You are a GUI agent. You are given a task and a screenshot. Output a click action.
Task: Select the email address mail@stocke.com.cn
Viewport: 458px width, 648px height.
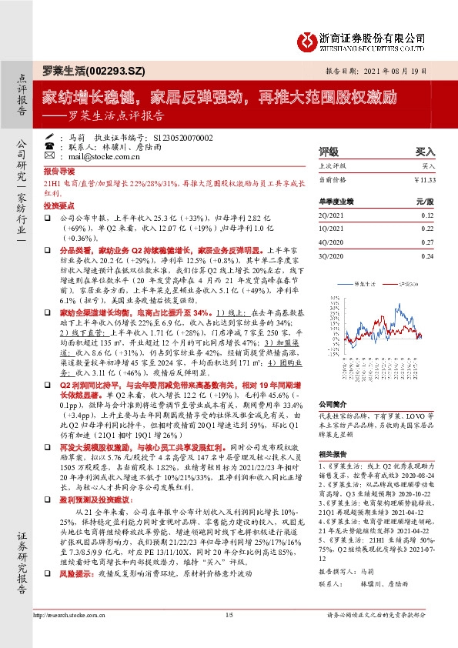102,155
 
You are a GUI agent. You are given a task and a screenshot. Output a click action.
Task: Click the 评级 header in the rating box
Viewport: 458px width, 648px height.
329,152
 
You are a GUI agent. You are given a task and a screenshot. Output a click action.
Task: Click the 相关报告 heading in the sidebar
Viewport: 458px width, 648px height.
331,455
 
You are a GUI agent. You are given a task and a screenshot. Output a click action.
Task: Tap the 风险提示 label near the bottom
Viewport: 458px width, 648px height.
61,573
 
